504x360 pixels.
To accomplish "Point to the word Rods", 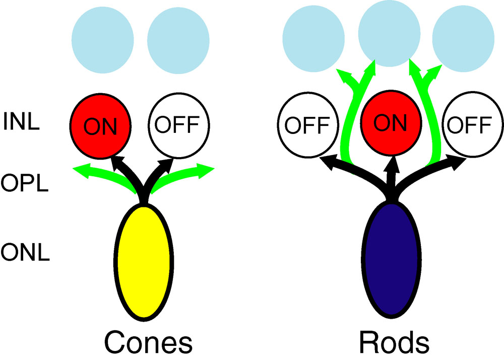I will point(394,342).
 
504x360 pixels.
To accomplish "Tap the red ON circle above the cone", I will point(101,126).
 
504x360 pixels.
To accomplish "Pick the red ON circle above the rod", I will point(389,123).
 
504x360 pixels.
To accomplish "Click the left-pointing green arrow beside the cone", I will point(96,174).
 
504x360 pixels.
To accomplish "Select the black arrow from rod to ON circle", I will point(391,171).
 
